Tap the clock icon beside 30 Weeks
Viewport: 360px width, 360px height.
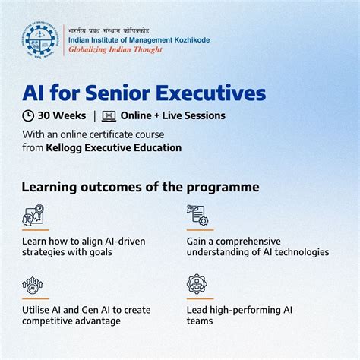[28, 116]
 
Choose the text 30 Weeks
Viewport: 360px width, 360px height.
[62, 116]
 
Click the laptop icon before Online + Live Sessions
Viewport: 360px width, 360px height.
[109, 116]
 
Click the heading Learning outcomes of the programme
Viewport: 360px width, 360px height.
[141, 187]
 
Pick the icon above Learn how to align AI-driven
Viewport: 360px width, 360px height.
[33, 216]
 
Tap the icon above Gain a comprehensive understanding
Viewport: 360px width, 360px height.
[197, 216]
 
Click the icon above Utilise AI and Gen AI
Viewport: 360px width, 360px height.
[33, 286]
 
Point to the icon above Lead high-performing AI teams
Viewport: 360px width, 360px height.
[197, 285]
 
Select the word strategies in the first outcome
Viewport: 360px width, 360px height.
[44, 252]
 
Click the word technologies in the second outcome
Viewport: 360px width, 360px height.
[298, 252]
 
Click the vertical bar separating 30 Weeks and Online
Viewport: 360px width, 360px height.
[95, 116]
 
